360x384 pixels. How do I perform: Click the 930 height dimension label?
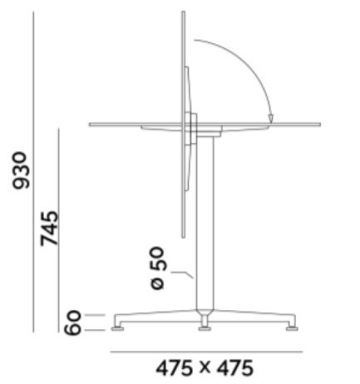pos(21,170)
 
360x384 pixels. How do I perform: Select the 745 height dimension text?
pos(49,229)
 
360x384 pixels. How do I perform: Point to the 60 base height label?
pos(72,322)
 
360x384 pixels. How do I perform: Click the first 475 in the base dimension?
pos(174,368)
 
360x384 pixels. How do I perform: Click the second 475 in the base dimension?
pos(235,368)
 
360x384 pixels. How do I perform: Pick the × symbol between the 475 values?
pos(205,367)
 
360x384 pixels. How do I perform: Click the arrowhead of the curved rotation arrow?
pos(271,118)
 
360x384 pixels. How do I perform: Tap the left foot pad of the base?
pos(118,328)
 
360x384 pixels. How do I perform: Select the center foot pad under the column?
pos(205,328)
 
